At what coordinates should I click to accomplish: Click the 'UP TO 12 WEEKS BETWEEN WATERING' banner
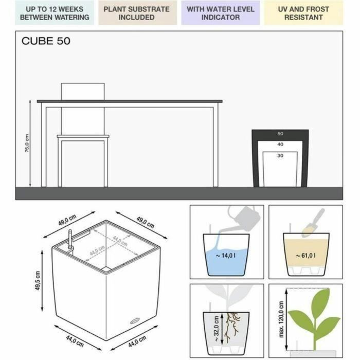[x=54, y=13]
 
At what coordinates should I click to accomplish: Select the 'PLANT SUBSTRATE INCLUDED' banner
[x=136, y=13]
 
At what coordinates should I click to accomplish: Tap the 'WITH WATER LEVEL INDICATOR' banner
[x=220, y=13]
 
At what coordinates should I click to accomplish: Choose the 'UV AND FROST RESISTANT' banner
[x=303, y=13]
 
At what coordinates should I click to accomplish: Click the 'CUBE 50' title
[x=46, y=41]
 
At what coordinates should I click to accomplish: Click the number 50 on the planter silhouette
[x=280, y=134]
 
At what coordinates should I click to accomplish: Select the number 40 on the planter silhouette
[x=280, y=145]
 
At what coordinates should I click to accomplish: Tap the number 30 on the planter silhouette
[x=280, y=155]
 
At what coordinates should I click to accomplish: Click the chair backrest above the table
[x=83, y=91]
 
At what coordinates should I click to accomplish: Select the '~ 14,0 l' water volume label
[x=226, y=255]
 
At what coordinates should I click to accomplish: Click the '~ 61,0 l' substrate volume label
[x=305, y=255]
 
